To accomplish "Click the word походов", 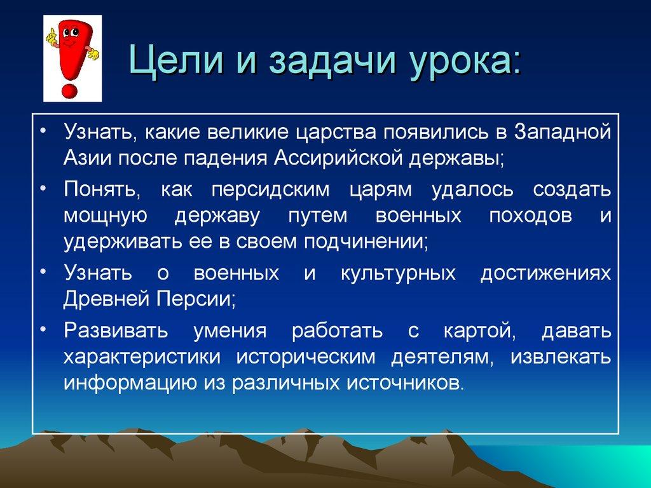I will point(530,216).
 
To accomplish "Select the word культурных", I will point(398,273).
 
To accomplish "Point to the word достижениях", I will point(545,273).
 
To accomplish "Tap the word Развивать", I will point(115,331).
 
